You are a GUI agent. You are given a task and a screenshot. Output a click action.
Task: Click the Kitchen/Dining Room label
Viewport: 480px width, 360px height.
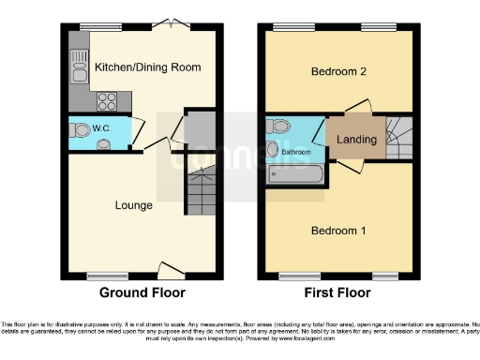(x=148, y=67)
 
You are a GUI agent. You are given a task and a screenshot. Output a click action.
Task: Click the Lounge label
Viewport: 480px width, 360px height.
(x=134, y=204)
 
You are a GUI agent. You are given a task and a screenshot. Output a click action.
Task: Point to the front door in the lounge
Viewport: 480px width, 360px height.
(x=172, y=271)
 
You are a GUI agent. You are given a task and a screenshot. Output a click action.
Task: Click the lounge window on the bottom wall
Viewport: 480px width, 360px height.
(x=101, y=276)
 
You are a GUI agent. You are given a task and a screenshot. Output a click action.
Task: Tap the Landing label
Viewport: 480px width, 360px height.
(x=356, y=141)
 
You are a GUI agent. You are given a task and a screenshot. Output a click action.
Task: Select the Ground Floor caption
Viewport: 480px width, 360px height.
(x=142, y=293)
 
